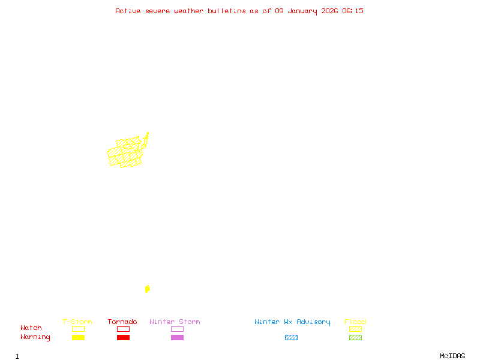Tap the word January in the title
click(x=302, y=11)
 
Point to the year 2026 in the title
click(x=330, y=11)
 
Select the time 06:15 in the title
click(x=353, y=11)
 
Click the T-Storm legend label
click(x=77, y=322)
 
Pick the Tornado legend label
click(x=122, y=322)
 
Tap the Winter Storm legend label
click(x=175, y=322)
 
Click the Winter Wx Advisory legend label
click(x=292, y=322)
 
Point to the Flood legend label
click(x=355, y=322)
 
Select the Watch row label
click(x=31, y=328)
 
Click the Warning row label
click(x=35, y=337)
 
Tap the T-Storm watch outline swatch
click(x=78, y=329)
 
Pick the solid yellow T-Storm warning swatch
click(x=78, y=337)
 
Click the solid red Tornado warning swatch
click(x=123, y=337)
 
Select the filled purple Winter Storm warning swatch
click(x=177, y=337)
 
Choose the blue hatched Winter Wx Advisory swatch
click(x=291, y=337)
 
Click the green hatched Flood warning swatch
click(x=355, y=337)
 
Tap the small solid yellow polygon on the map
click(x=147, y=289)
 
